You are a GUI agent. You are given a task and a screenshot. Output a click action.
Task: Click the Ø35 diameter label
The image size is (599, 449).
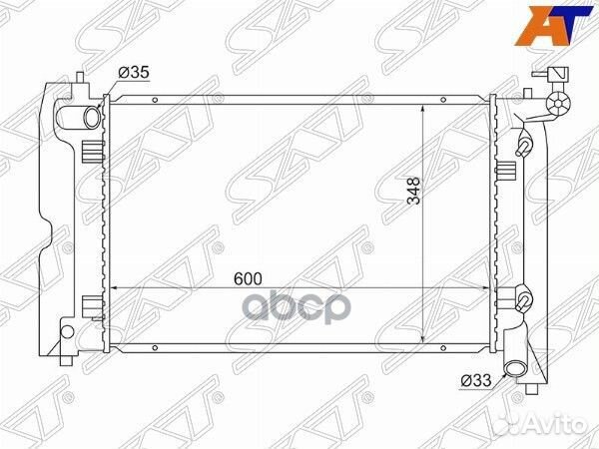[134, 72]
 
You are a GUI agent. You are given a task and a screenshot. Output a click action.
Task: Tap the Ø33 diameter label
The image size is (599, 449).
[475, 380]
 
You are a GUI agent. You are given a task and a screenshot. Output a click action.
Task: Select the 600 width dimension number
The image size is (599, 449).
[249, 278]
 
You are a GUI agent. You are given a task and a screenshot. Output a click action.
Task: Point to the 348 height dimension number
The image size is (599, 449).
[413, 191]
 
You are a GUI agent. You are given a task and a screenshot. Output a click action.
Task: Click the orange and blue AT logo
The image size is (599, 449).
[553, 26]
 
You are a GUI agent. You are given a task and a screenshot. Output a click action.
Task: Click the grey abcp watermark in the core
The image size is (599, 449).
[298, 306]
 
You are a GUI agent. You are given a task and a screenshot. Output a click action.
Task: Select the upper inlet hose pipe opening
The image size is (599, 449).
[91, 118]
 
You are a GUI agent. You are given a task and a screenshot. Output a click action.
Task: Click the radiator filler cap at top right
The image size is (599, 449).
[557, 103]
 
